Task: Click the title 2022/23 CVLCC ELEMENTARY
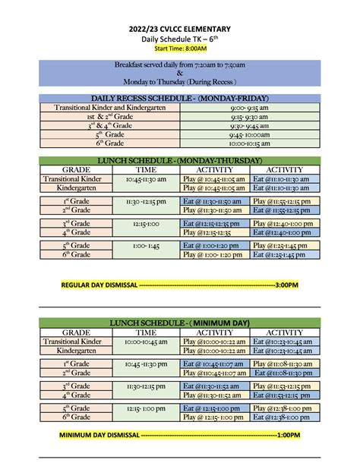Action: click(180, 28)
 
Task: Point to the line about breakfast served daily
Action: click(180, 67)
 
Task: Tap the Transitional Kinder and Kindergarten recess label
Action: click(109, 108)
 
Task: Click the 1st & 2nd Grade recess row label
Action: click(109, 116)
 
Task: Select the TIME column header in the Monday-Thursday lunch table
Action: click(146, 169)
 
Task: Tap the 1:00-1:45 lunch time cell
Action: click(146, 245)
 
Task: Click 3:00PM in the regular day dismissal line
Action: click(287, 286)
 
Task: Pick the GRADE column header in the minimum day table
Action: click(76, 332)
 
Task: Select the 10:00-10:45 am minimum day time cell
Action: click(146, 342)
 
